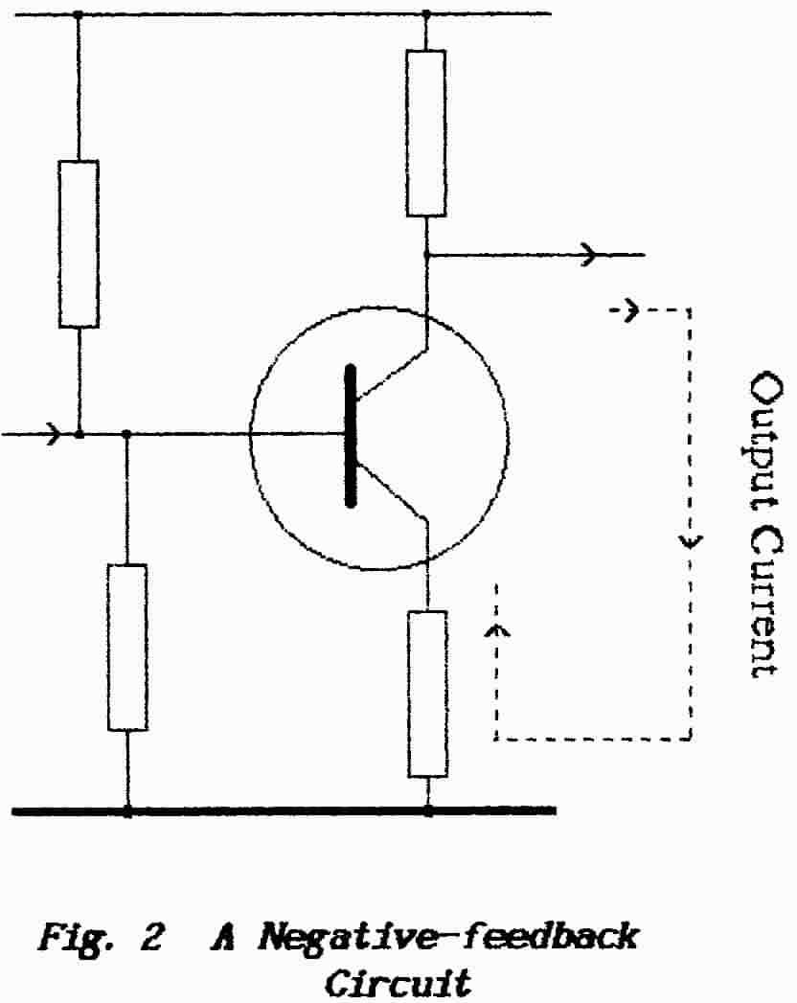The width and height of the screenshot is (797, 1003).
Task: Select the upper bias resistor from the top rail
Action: pos(79,243)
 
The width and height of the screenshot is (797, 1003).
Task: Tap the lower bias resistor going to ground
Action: pos(126,648)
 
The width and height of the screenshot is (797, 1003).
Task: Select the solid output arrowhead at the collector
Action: pos(588,255)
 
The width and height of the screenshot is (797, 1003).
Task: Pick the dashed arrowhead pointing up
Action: pos(496,629)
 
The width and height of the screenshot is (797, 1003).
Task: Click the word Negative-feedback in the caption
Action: pos(440,936)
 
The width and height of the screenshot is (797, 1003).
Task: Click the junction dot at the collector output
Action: pos(426,255)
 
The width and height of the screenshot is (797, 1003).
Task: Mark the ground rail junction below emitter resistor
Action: pos(427,810)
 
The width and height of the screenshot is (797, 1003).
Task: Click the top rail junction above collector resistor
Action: pos(426,14)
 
